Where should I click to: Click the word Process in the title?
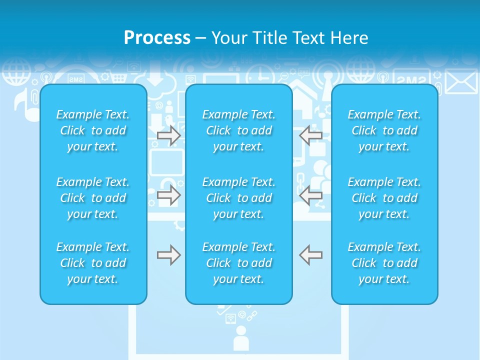[x=157, y=38]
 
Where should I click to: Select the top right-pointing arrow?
[x=169, y=135]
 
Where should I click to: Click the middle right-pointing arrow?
[x=169, y=195]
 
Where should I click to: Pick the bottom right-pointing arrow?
[x=169, y=255]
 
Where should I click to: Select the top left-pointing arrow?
[x=310, y=135]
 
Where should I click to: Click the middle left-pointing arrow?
[x=310, y=195]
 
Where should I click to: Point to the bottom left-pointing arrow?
[x=310, y=255]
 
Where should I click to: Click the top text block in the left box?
[x=93, y=130]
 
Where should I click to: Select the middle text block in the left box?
[x=93, y=198]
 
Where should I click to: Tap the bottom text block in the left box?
[x=93, y=263]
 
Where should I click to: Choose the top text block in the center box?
[x=239, y=130]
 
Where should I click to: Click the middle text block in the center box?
[x=239, y=198]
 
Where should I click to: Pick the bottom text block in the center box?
[x=239, y=263]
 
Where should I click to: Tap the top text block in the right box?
[x=384, y=130]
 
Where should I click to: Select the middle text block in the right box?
[x=384, y=198]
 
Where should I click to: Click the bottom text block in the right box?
[x=384, y=263]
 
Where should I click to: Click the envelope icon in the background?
[x=461, y=82]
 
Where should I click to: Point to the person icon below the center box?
[x=241, y=338]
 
